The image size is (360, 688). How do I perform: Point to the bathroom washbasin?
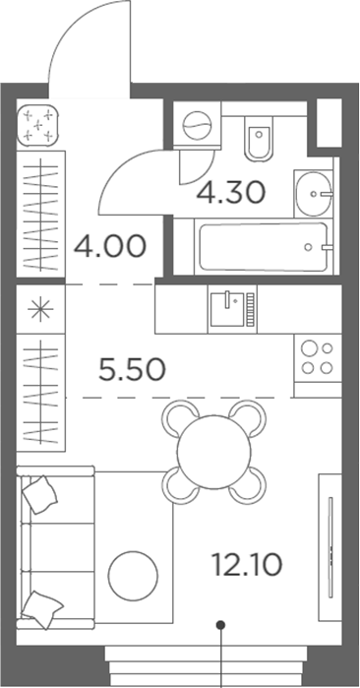coord(315,192)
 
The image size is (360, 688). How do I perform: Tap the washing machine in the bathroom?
coord(198,128)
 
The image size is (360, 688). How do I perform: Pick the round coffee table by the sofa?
coord(132,575)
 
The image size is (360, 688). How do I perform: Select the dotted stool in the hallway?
coord(40,125)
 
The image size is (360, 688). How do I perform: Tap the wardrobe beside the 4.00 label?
coord(40,213)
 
